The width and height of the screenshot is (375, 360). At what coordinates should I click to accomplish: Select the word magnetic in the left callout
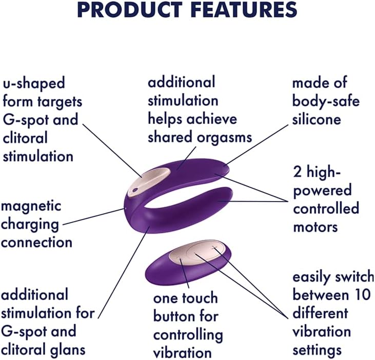click(31, 206)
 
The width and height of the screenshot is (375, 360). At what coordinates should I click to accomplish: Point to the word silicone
click(317, 119)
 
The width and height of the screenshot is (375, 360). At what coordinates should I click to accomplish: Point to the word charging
click(30, 224)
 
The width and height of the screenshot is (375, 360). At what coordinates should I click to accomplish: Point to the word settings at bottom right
click(317, 350)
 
